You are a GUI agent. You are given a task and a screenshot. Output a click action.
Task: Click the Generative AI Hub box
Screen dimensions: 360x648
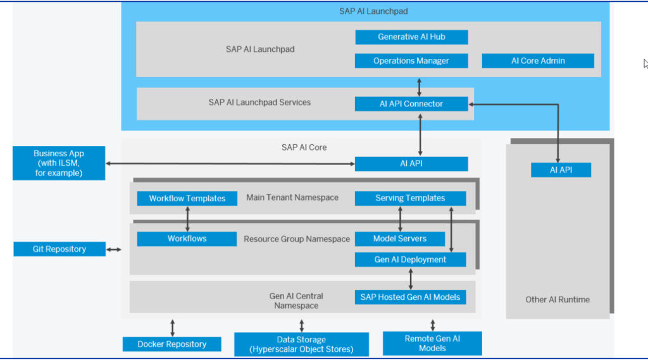[411, 37]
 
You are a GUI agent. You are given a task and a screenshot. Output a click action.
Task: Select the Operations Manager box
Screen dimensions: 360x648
[411, 61]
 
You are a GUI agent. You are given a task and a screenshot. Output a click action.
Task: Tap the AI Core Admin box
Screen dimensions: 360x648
[538, 61]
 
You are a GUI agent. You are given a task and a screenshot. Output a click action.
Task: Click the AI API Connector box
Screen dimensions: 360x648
[411, 104]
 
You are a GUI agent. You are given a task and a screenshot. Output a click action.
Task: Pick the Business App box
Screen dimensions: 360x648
[59, 163]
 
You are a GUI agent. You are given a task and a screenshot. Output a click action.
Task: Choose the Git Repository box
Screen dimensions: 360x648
[59, 249]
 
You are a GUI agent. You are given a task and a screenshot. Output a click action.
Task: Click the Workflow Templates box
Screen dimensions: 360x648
[187, 199]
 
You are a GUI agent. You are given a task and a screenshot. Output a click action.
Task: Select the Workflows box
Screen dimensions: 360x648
[187, 239]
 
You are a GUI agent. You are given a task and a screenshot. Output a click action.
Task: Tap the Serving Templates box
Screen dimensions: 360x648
[410, 198]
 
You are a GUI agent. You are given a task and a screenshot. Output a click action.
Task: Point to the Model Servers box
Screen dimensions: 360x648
[400, 239]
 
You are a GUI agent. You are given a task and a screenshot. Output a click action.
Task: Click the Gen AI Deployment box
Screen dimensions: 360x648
[410, 259]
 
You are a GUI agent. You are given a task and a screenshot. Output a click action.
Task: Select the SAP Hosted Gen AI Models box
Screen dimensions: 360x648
[410, 297]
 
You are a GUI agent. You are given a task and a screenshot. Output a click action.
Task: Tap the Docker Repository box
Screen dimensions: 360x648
[172, 344]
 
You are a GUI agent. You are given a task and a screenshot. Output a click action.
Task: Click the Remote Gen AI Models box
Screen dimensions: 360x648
[432, 344]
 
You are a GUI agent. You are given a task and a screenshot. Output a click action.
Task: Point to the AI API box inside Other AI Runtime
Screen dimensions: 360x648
[561, 170]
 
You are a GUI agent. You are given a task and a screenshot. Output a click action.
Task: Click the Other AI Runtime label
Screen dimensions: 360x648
[558, 299]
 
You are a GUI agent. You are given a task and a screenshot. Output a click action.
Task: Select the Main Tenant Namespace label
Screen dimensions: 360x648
[292, 198]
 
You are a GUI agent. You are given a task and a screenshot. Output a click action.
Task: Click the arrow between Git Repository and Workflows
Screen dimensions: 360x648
[114, 250]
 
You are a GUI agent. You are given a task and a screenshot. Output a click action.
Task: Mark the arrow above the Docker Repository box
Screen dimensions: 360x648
[173, 328]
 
